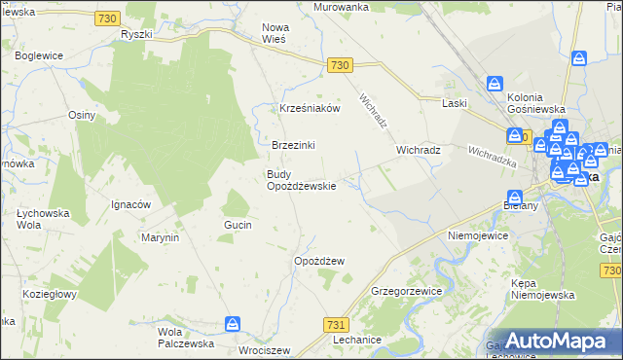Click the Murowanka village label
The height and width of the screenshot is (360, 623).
[x=341, y=7]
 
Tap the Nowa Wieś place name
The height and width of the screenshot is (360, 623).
[x=283, y=33]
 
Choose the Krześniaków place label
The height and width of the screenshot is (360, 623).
[x=310, y=109]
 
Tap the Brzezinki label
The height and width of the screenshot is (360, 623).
[x=293, y=145]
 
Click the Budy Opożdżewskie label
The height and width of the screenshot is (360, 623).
[x=302, y=180]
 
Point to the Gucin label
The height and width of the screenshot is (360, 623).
[x=238, y=225]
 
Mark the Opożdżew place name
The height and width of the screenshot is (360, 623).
[x=319, y=261]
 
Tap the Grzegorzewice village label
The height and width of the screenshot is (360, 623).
[x=407, y=291]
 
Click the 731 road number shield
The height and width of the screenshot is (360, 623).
[x=336, y=324]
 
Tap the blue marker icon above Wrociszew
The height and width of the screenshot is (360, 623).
[x=234, y=322]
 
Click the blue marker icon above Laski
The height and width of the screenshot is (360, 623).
[x=495, y=85]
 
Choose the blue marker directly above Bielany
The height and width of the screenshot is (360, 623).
[x=515, y=198]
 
